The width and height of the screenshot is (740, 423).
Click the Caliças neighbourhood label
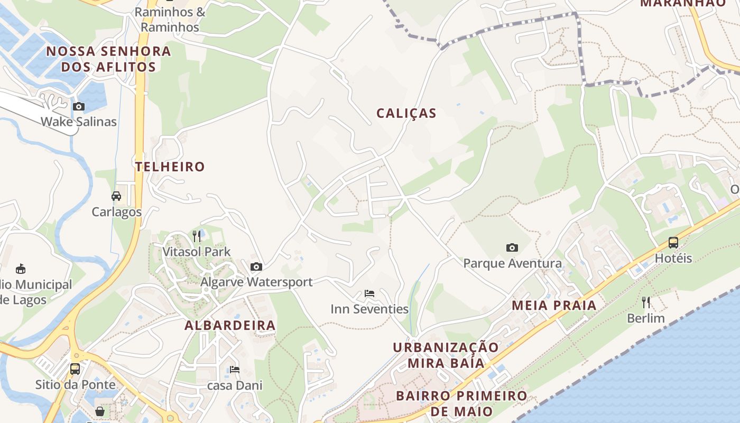click(x=406, y=113)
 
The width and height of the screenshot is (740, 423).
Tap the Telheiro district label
click(x=170, y=167)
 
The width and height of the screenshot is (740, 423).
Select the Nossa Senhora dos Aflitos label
click(x=108, y=59)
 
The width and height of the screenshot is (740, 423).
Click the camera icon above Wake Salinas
click(x=79, y=107)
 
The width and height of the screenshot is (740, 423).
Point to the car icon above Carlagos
click(x=116, y=196)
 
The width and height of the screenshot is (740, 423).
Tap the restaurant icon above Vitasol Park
click(x=197, y=236)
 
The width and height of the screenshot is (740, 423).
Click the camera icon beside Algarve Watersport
click(x=256, y=267)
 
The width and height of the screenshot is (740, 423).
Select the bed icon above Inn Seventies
click(x=369, y=293)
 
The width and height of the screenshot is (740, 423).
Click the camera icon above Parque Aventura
click(x=512, y=247)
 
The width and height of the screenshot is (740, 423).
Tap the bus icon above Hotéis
click(x=673, y=243)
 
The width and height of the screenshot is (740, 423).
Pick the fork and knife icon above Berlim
click(x=645, y=302)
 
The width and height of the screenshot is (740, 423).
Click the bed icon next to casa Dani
click(x=235, y=370)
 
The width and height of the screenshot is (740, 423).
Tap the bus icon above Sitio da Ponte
click(x=75, y=369)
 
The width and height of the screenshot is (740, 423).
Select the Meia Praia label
click(x=554, y=305)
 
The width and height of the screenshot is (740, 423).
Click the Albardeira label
click(x=230, y=325)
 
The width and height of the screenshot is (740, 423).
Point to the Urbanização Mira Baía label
click(x=446, y=355)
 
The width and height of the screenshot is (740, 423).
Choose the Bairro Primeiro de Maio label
click(x=461, y=403)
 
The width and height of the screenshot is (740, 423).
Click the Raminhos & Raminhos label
click(x=170, y=20)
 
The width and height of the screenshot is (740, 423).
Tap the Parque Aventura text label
click(x=512, y=263)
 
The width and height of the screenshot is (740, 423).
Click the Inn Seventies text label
click(x=369, y=309)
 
